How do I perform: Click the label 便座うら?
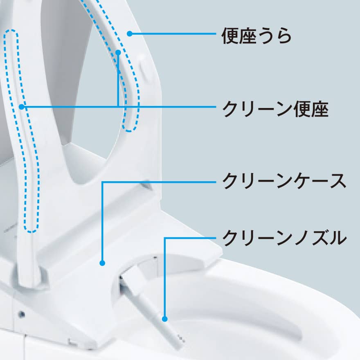point(256,36)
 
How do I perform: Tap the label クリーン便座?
point(275,109)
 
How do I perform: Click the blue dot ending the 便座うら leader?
point(129,34)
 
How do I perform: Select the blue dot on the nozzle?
point(165,318)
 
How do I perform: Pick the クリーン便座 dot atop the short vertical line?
point(118,52)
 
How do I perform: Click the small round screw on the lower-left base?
point(21,314)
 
